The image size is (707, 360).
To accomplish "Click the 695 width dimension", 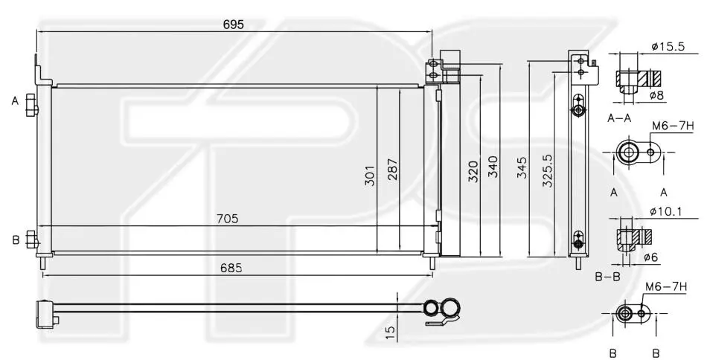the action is coord(233,25).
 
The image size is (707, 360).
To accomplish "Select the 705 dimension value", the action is coord(228,219).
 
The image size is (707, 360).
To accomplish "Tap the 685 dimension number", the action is coord(231,268).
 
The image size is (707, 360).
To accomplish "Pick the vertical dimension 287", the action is coord(392,169).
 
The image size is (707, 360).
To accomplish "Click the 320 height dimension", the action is coord(473,171).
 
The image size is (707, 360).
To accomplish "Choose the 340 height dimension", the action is coord(493,167).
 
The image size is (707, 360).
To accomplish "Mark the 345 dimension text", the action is coord(522,167).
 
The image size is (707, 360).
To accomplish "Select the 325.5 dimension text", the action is coord(547,171).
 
